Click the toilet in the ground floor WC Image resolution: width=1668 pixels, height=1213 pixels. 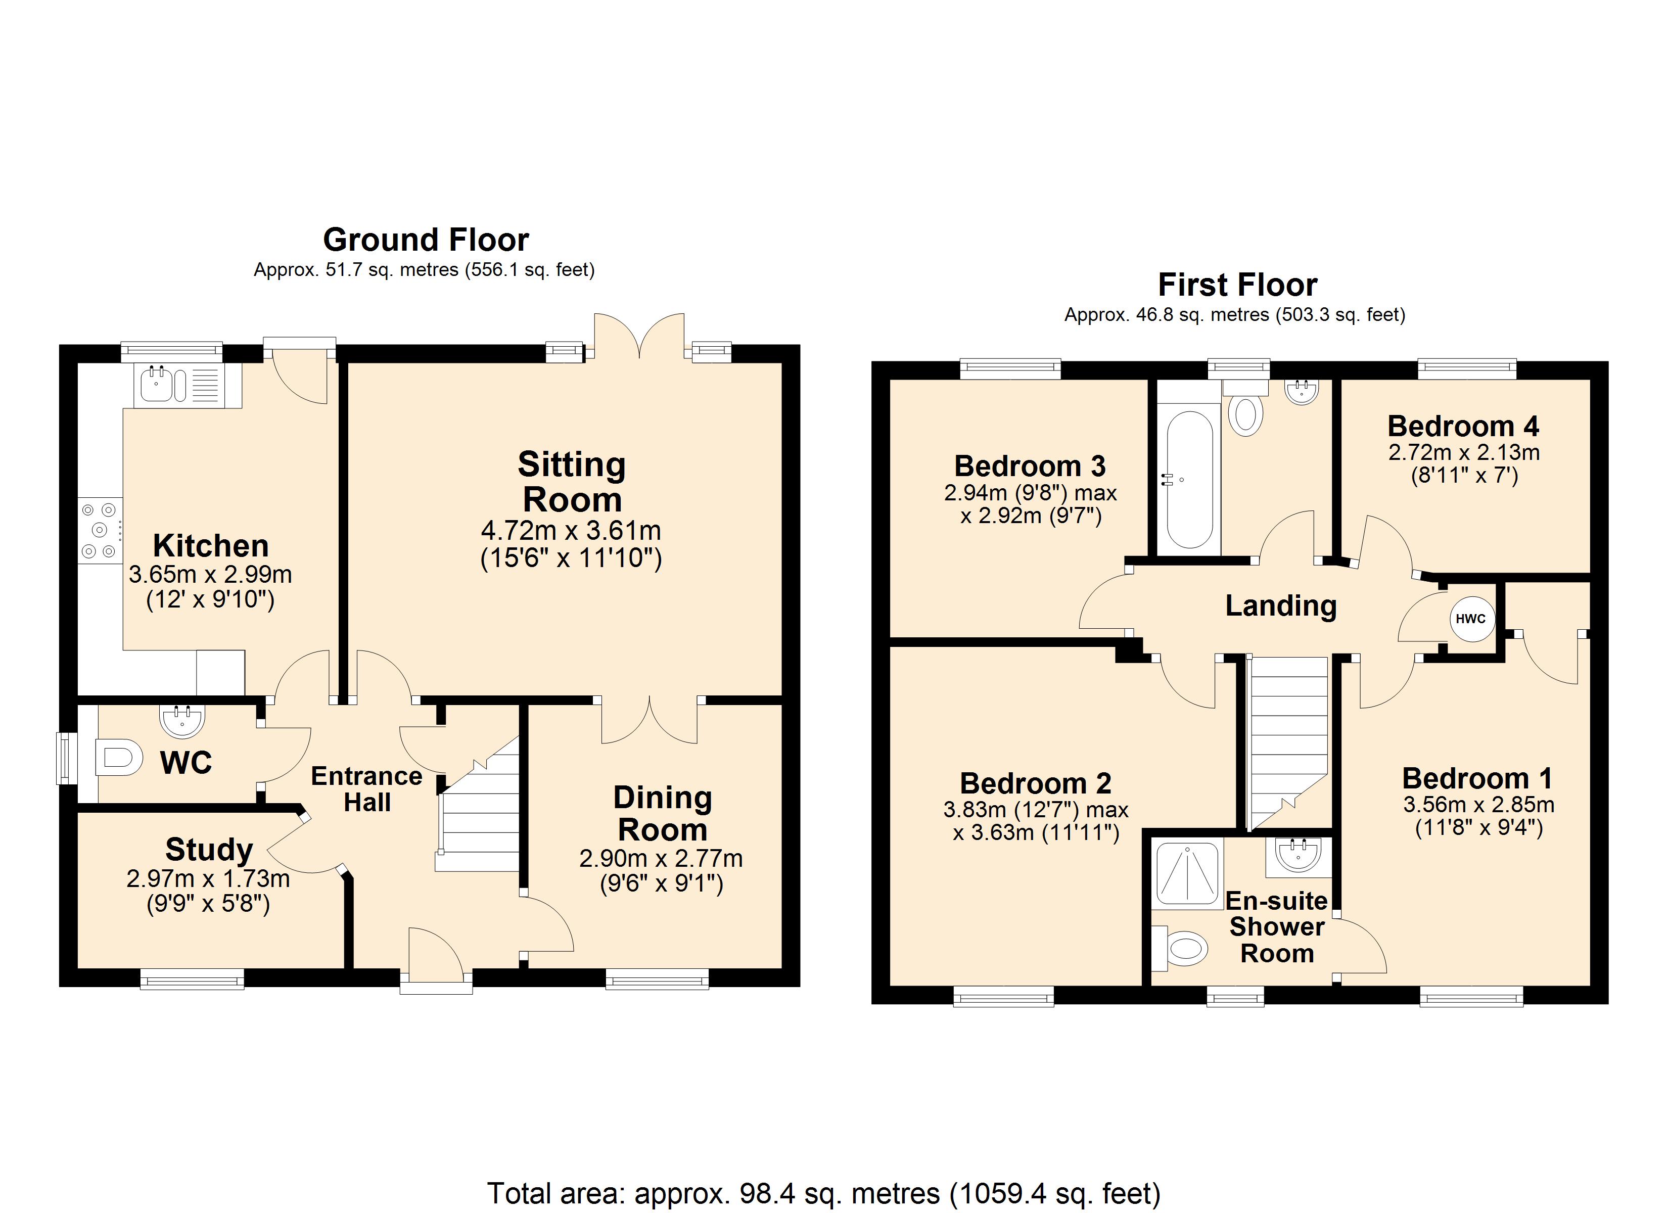118,757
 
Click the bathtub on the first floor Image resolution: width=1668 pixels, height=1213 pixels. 1189,480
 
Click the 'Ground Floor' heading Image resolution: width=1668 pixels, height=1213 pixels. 426,240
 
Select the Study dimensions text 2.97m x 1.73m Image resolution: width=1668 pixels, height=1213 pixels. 208,878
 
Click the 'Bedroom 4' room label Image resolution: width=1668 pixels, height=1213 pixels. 1463,426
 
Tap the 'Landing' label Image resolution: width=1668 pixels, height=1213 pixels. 1280,606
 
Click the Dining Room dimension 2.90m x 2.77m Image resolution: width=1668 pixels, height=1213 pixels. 661,858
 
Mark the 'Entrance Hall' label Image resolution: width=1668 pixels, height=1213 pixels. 367,788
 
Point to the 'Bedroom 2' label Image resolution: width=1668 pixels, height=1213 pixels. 1036,783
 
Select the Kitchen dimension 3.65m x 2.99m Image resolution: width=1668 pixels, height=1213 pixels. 210,574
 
